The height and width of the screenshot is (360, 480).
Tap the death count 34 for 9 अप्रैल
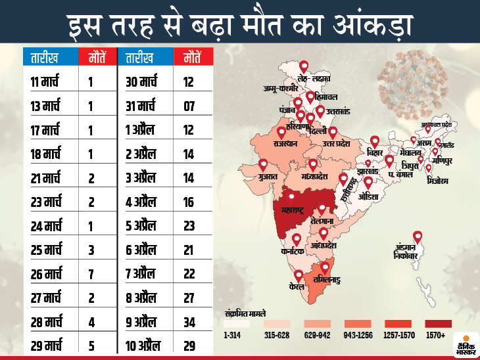pyautogui.click(x=189, y=322)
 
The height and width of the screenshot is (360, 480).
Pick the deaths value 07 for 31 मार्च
pyautogui.click(x=189, y=106)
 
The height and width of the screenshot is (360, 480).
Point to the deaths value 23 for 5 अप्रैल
pyautogui.click(x=189, y=226)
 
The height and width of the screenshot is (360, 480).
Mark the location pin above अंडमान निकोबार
pyautogui.click(x=417, y=237)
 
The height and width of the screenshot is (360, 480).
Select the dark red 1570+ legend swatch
pyautogui.click(x=437, y=323)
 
